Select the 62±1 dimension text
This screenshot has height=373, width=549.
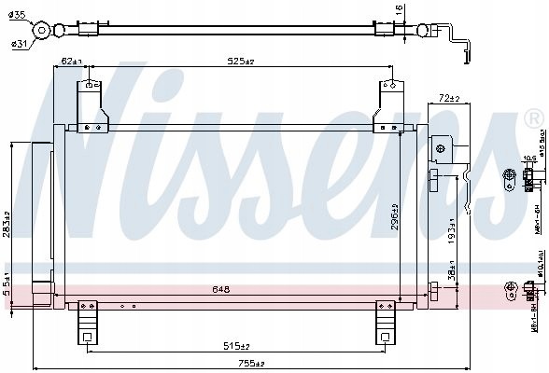pyautogui.click(x=70, y=62)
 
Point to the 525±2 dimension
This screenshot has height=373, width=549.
pyautogui.click(x=242, y=62)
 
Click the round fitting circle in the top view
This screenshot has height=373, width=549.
pyautogui.click(x=41, y=32)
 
